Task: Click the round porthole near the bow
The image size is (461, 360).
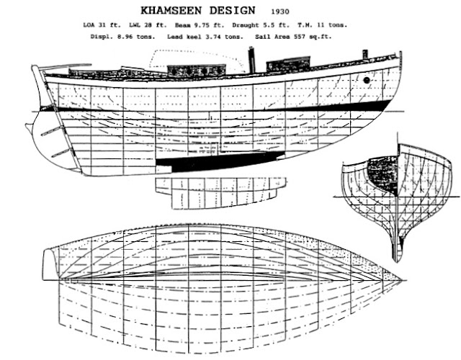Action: tap(367, 80)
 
